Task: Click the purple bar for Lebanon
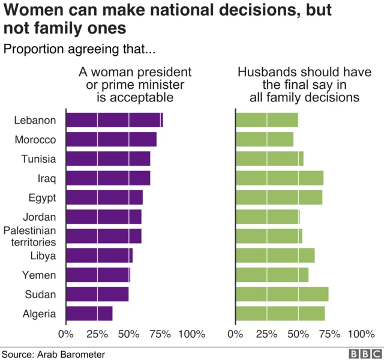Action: click(114, 120)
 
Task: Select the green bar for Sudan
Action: click(282, 294)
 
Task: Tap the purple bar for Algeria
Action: click(89, 313)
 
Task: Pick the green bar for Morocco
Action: click(265, 139)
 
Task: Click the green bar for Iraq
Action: click(280, 178)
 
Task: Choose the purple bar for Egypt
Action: click(104, 197)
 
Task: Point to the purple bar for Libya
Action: click(99, 256)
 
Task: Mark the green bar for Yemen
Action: click(272, 275)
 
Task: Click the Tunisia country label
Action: click(38, 159)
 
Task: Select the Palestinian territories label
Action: click(30, 236)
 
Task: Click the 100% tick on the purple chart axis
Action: click(191, 334)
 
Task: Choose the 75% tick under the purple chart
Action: click(160, 334)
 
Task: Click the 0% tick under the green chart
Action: click(236, 334)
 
